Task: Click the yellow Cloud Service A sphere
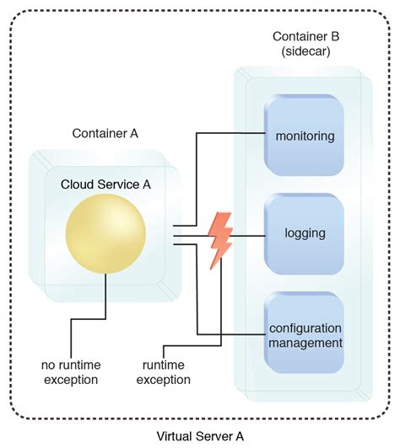pos(105,234)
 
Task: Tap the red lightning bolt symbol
pos(220,241)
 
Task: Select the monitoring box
pos(304,135)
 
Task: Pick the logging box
pos(304,234)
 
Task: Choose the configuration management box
pos(304,333)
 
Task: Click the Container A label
pos(105,133)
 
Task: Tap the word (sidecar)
pos(305,51)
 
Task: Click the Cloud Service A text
pos(105,184)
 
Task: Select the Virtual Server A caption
pos(200,436)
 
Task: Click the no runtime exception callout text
pos(71,372)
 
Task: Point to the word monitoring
pos(305,136)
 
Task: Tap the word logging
pos(305,234)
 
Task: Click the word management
pos(305,343)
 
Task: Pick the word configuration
pos(305,328)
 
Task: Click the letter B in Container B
pos(335,36)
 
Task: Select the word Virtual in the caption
pos(175,436)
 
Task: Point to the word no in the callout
pos(47,365)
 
